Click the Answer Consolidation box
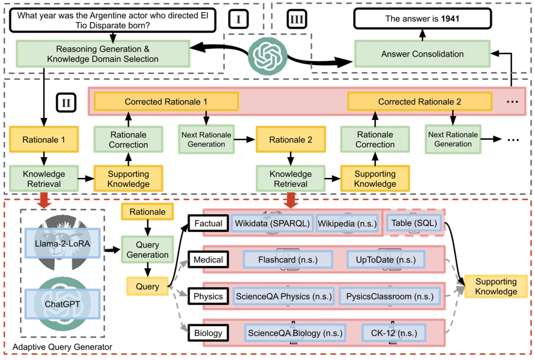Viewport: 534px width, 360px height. point(422,54)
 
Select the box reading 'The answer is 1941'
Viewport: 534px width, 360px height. point(422,20)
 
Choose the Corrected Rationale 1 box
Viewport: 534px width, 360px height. point(166,102)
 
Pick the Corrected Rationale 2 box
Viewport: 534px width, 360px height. point(419,102)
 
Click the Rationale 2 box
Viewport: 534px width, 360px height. point(290,140)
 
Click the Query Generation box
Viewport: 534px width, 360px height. point(147,250)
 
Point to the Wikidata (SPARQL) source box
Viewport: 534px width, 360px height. point(273,223)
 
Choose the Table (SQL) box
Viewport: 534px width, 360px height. point(414,223)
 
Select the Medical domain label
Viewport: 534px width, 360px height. point(208,260)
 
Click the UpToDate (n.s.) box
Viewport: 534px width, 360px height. point(386,260)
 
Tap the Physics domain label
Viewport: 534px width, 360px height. point(208,296)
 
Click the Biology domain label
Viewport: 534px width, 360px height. point(208,333)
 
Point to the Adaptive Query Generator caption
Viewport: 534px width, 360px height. point(62,347)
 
